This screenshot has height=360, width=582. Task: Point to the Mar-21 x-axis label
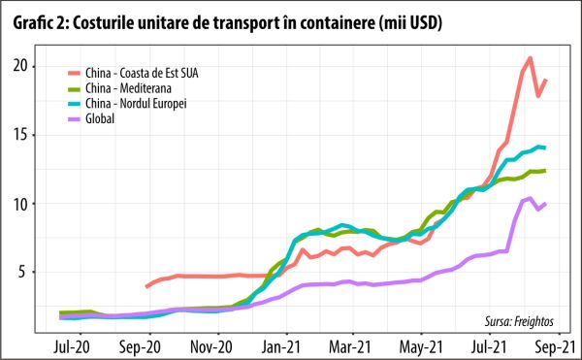pyautogui.click(x=350, y=344)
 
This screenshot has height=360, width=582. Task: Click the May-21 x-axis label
pyautogui.click(x=419, y=344)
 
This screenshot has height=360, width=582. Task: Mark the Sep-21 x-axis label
pyautogui.click(x=554, y=344)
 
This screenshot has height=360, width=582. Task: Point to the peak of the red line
pyautogui.click(x=530, y=58)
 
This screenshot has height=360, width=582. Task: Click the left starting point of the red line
pyautogui.click(x=146, y=286)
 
